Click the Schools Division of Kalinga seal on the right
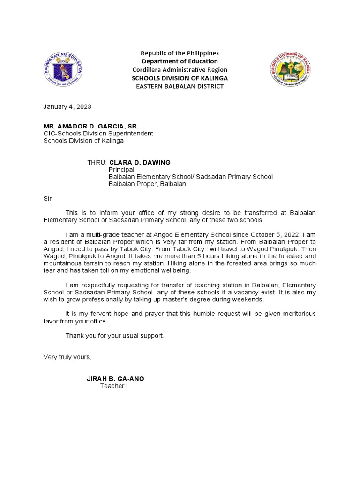(291, 69)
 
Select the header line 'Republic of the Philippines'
(180, 53)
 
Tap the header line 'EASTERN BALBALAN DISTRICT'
(180, 86)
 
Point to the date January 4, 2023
(67, 106)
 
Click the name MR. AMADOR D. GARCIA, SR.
(91, 126)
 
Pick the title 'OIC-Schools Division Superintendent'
(98, 134)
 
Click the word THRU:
(97, 162)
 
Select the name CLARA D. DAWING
(140, 162)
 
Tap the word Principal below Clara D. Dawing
(121, 169)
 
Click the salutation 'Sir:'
(48, 199)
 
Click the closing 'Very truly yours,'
(68, 357)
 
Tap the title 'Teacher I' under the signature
(114, 386)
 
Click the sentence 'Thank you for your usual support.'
(115, 336)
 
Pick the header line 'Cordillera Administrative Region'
(180, 70)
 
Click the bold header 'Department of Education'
(180, 61)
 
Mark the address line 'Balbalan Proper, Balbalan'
(148, 184)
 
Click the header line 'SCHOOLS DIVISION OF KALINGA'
(180, 78)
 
